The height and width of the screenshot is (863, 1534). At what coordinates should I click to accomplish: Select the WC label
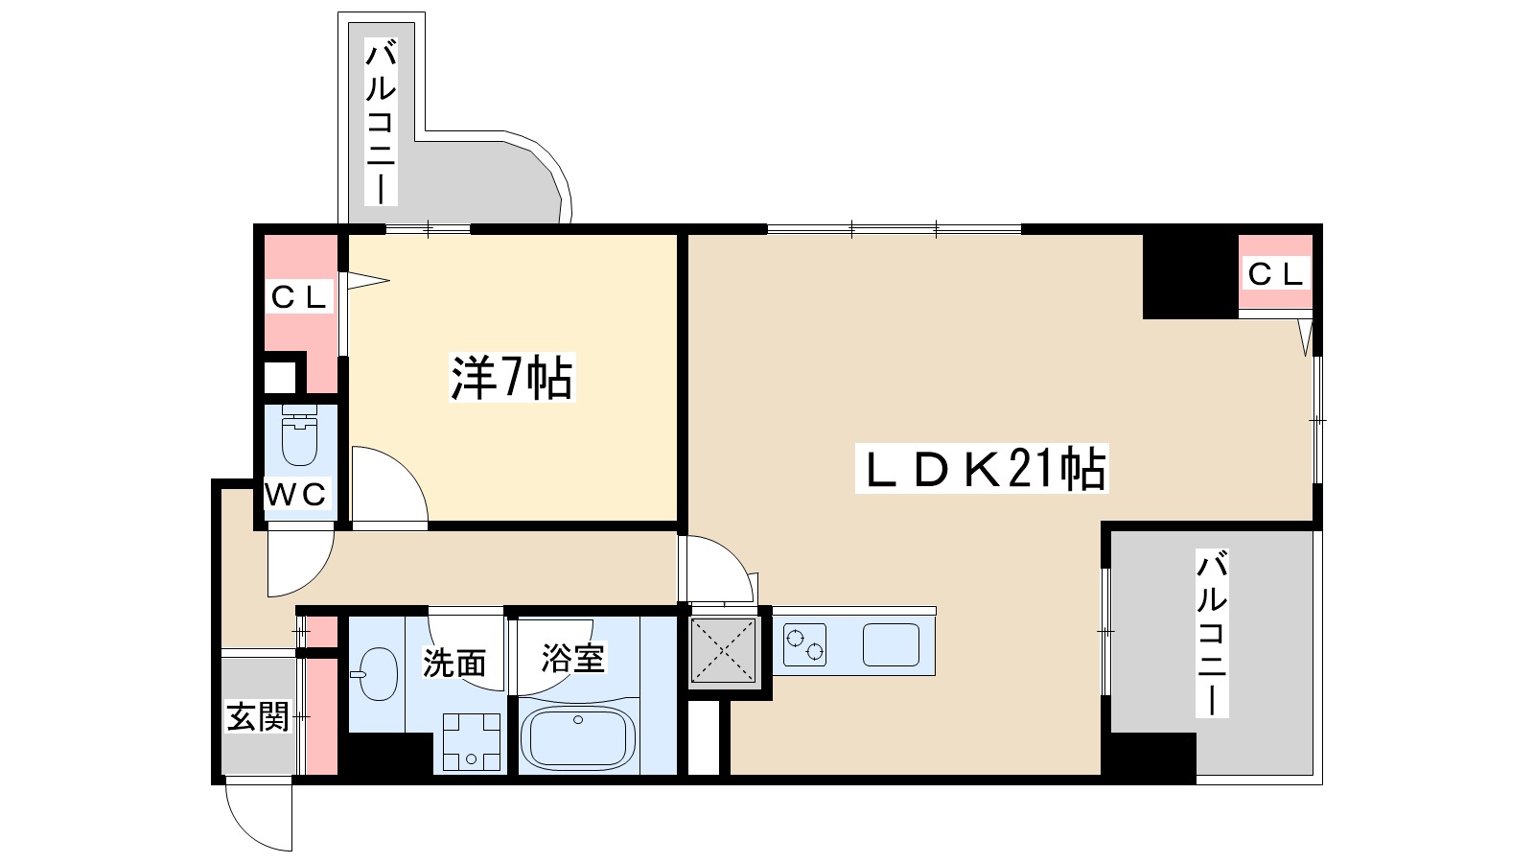click(x=295, y=495)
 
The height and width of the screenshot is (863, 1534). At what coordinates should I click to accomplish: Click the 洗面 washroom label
click(x=454, y=662)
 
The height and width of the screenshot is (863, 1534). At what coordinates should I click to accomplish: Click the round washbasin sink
click(x=377, y=673)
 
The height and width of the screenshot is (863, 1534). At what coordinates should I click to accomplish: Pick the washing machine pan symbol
click(x=472, y=742)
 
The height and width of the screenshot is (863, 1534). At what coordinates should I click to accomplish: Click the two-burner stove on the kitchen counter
click(x=804, y=645)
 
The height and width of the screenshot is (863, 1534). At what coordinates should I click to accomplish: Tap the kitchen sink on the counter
click(x=891, y=645)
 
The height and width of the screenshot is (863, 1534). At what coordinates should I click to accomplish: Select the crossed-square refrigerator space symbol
click(x=724, y=649)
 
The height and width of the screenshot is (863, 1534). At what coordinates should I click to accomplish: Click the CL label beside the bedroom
click(x=299, y=296)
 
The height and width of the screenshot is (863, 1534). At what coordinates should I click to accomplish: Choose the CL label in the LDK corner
click(x=1275, y=274)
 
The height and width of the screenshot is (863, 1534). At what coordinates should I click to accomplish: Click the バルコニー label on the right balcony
click(x=1211, y=634)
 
